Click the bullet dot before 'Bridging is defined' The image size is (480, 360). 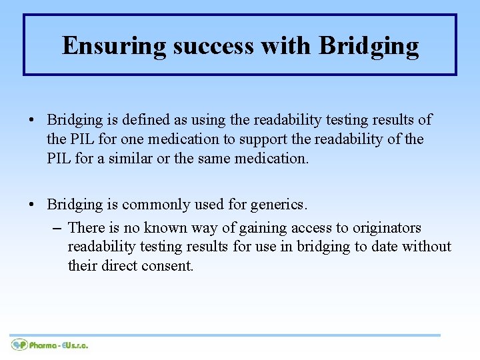pos(32,121)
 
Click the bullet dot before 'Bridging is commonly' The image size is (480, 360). pos(32,205)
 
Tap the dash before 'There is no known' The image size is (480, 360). pos(58,228)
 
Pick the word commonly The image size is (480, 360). pos(153,205)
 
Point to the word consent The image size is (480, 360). pos(171,265)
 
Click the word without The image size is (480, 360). pos(427,246)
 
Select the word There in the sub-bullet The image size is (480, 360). pos(86,227)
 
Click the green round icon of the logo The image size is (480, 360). pos(19,345)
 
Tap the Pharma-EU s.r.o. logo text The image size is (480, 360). pos(59,345)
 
